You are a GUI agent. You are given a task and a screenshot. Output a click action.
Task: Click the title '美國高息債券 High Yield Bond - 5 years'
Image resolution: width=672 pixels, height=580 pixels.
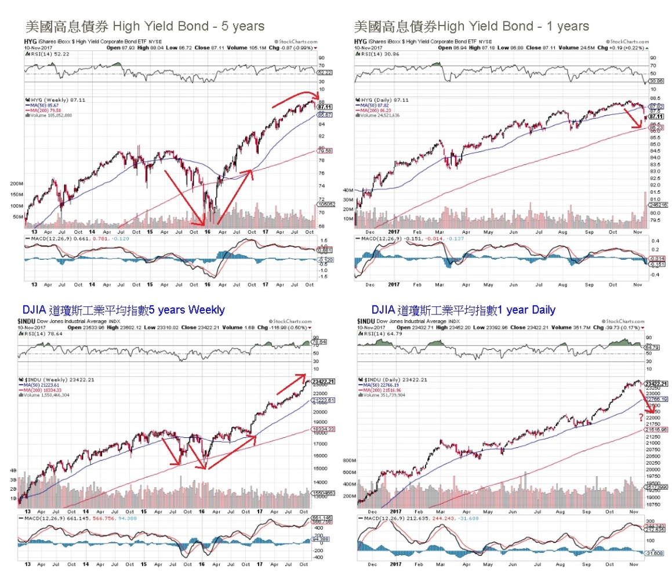[144, 26]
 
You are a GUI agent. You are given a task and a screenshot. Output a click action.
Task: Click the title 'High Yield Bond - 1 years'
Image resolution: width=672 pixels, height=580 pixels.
[471, 26]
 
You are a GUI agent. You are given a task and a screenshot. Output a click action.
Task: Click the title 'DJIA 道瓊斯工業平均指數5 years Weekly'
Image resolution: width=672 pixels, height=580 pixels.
[123, 310]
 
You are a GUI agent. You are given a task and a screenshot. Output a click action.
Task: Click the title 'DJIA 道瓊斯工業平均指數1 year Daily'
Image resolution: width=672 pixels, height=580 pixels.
[463, 310]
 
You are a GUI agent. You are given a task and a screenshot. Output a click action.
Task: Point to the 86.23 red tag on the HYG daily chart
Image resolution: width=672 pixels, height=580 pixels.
[656, 127]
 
